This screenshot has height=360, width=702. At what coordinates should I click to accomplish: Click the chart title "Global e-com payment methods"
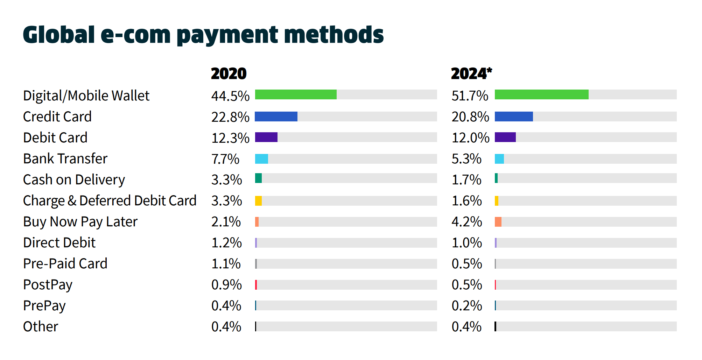[203, 35]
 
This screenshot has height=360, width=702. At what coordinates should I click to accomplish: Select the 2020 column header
[229, 74]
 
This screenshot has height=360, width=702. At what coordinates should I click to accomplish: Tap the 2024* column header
[471, 74]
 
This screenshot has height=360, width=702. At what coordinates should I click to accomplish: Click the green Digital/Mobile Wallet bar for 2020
[296, 94]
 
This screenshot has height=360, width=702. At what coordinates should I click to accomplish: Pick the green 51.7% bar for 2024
[541, 94]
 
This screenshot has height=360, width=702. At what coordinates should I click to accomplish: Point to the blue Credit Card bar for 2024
[514, 117]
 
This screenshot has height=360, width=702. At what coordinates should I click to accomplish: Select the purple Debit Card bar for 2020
[266, 137]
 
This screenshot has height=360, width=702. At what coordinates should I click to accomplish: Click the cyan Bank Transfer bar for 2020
[261, 159]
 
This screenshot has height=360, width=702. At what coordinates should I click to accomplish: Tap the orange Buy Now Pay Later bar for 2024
[498, 222]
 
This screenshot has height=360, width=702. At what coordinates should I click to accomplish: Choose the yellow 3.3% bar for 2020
[258, 201]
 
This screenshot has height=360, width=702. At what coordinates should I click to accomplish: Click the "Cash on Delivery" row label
[74, 180]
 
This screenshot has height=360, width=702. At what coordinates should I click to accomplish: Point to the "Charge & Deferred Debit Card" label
[110, 201]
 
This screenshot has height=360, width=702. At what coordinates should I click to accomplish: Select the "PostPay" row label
[48, 285]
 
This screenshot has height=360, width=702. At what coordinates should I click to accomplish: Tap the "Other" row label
[41, 327]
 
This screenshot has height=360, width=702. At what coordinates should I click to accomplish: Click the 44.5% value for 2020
[230, 96]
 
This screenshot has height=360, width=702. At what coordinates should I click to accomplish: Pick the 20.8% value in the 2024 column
[470, 117]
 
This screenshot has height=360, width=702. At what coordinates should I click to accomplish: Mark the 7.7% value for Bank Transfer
[225, 159]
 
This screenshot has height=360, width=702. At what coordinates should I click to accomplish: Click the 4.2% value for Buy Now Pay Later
[467, 222]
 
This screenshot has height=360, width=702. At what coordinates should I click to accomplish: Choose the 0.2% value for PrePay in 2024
[467, 306]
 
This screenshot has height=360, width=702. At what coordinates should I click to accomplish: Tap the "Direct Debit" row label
[59, 243]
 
